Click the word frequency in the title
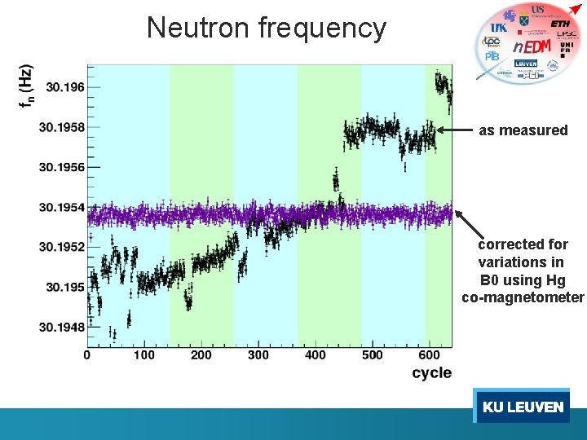pyautogui.click(x=322, y=29)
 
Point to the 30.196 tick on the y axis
pyautogui.click(x=64, y=86)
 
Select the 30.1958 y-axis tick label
pyautogui.click(x=61, y=127)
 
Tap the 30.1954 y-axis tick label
pyautogui.click(x=61, y=207)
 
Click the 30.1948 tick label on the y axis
pyautogui.click(x=61, y=327)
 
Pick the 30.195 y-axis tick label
pyautogui.click(x=64, y=287)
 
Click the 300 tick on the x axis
pyautogui.click(x=258, y=354)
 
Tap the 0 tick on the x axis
pyautogui.click(x=87, y=354)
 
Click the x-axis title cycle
pyautogui.click(x=431, y=372)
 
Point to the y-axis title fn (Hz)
pyautogui.click(x=28, y=86)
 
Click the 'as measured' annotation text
pyautogui.click(x=523, y=130)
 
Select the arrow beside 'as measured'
pyautogui.click(x=455, y=130)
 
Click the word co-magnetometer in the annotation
pyautogui.click(x=523, y=297)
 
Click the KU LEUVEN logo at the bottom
pyautogui.click(x=522, y=407)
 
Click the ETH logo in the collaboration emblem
pyautogui.click(x=560, y=24)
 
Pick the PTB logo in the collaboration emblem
pyautogui.click(x=492, y=56)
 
